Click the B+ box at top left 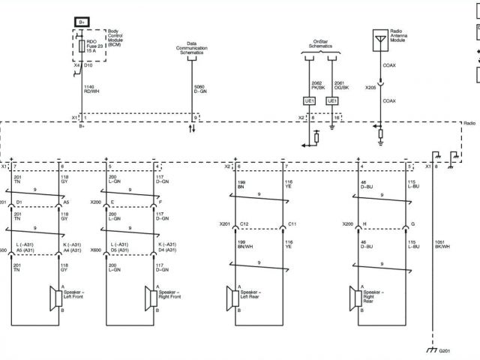point(82,23)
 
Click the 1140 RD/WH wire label point(91,90)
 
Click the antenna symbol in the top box point(380,38)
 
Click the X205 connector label point(370,87)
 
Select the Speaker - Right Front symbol point(151,298)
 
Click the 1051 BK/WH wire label point(443,244)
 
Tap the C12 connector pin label point(244,224)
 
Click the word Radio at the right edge point(469,121)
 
